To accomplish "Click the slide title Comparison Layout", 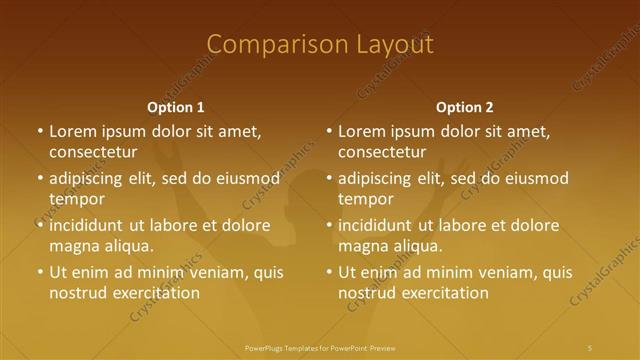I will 319,45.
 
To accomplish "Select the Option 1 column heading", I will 176,107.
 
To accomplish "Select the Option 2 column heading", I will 465,107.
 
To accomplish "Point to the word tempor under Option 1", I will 77,199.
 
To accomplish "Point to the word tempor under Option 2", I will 366,199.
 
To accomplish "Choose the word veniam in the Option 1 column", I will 208,272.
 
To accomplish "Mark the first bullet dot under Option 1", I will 40,131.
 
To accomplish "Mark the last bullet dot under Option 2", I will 329,272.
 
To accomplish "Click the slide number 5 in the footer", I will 590,347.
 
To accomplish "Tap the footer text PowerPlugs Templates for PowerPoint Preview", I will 320,347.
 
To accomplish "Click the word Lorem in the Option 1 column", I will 71,131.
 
